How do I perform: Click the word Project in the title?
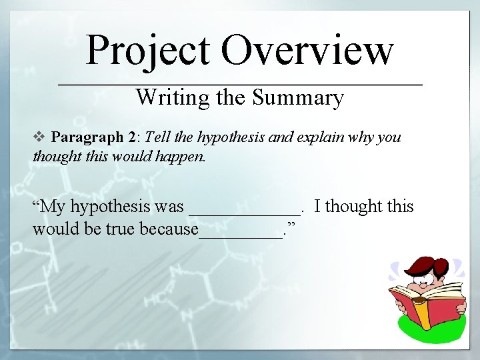(148, 51)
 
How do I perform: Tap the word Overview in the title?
(307, 51)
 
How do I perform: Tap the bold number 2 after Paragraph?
(131, 137)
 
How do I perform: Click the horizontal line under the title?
(240, 85)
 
